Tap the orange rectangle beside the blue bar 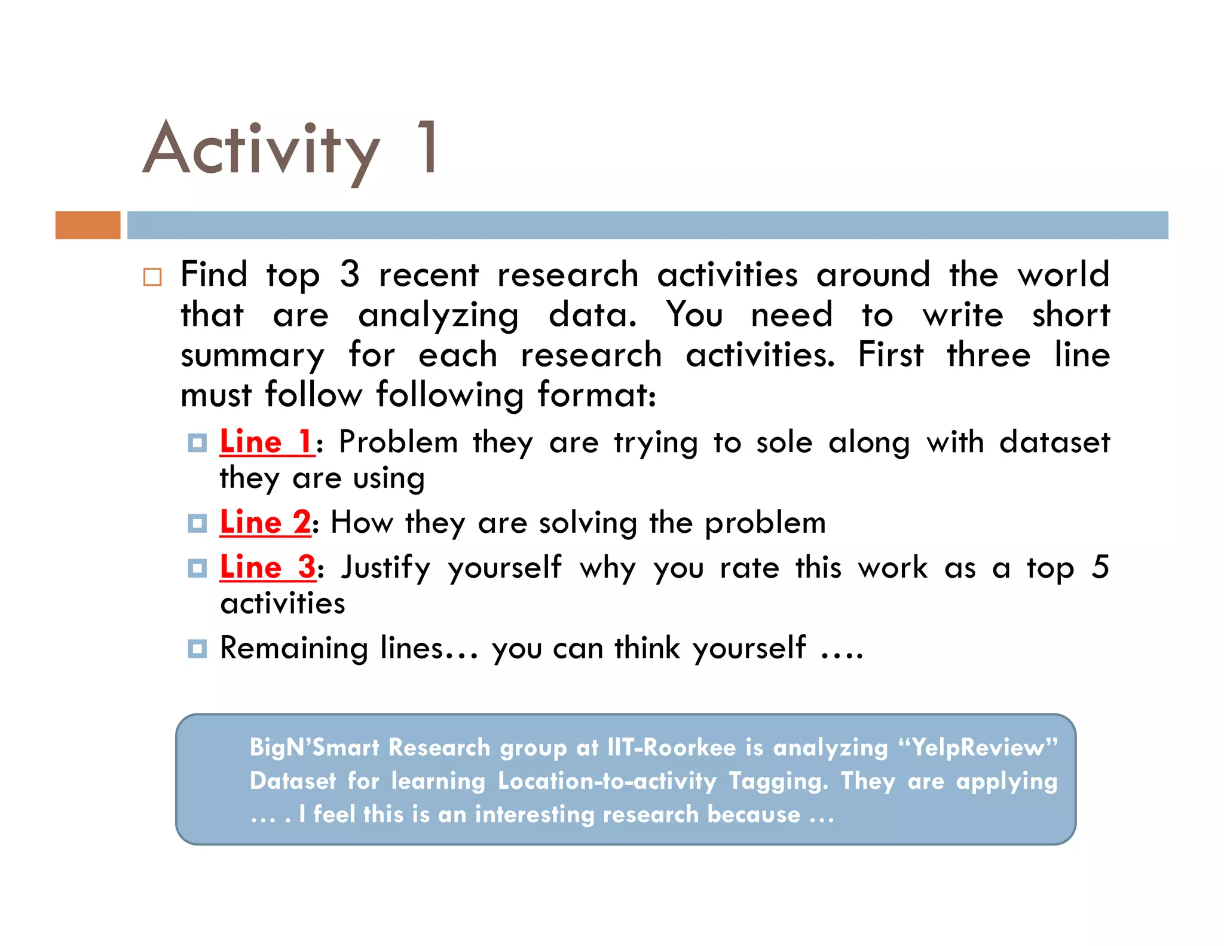tap(88, 225)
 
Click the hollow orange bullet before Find tap(152, 277)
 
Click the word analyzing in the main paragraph tap(438, 316)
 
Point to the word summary tap(252, 356)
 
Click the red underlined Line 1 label tap(266, 443)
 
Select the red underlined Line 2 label tap(265, 522)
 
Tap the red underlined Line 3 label tap(267, 567)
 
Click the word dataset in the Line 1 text tap(1054, 443)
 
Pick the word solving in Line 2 tap(588, 523)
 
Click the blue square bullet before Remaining tap(197, 648)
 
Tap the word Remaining tap(294, 648)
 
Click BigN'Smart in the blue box tap(314, 747)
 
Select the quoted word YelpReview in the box tap(978, 747)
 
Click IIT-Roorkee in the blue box tap(671, 747)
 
